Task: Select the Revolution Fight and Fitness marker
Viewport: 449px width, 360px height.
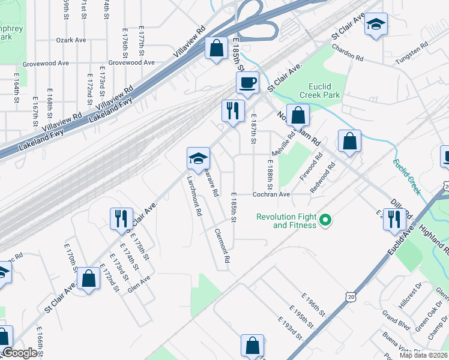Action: pos(325,221)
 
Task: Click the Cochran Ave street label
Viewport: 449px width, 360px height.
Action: pos(271,194)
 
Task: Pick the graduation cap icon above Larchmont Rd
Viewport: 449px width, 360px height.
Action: pos(198,158)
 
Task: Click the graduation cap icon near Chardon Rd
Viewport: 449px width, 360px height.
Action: pos(376,24)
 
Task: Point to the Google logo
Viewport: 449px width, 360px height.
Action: pos(20,353)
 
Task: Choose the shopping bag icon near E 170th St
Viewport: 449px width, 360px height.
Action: pos(89,278)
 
